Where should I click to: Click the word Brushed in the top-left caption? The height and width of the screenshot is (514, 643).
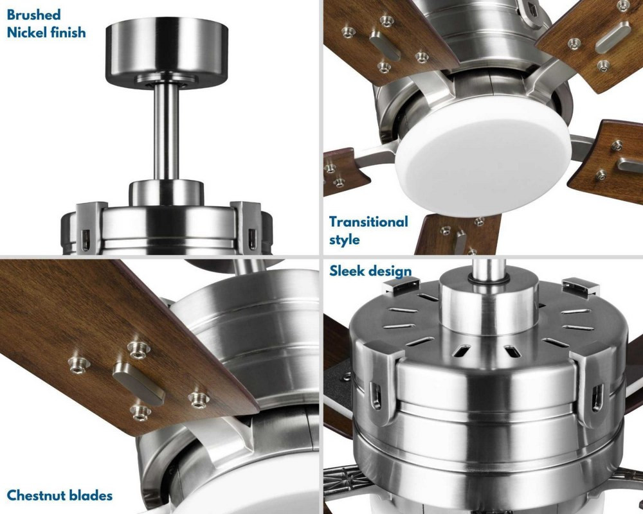(x=33, y=15)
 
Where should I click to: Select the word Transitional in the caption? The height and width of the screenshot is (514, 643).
(x=368, y=222)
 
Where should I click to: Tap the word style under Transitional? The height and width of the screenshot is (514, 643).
(x=345, y=240)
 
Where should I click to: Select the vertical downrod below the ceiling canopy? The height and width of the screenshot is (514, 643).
(x=167, y=131)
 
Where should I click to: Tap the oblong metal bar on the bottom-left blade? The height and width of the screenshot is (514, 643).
(x=139, y=383)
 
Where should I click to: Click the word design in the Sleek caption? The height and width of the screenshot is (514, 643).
(x=390, y=271)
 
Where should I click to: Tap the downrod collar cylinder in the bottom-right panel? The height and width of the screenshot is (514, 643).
(x=489, y=301)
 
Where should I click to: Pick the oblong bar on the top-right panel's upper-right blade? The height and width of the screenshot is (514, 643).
(x=613, y=35)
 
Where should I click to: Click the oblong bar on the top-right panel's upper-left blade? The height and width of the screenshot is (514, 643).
(x=385, y=45)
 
